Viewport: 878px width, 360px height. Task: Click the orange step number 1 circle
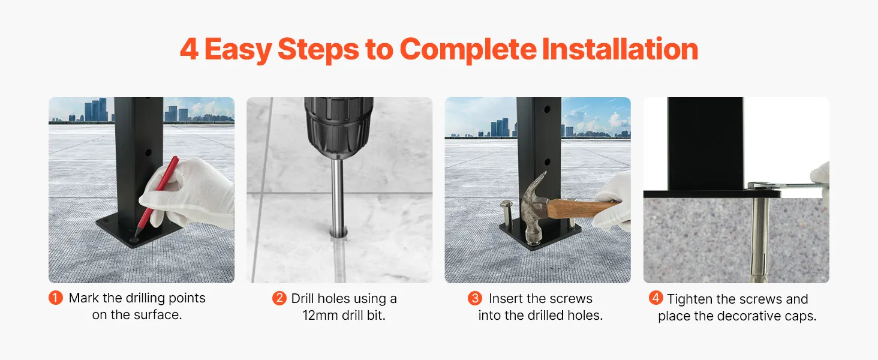click(56, 298)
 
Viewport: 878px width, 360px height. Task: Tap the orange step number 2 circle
click(279, 298)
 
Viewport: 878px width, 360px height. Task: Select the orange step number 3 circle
click(474, 298)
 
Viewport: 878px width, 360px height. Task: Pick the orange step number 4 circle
click(656, 298)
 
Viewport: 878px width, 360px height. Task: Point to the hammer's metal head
click(533, 210)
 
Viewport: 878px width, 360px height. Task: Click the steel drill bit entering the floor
click(338, 196)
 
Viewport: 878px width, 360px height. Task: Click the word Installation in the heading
click(620, 49)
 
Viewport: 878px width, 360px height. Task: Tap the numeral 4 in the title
click(190, 49)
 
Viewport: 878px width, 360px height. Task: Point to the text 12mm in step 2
click(320, 315)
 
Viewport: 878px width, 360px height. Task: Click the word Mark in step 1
click(84, 298)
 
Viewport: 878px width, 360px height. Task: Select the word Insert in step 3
click(506, 298)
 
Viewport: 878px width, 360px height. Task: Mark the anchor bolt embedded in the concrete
click(760, 239)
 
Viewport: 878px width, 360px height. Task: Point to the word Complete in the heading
click(468, 50)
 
